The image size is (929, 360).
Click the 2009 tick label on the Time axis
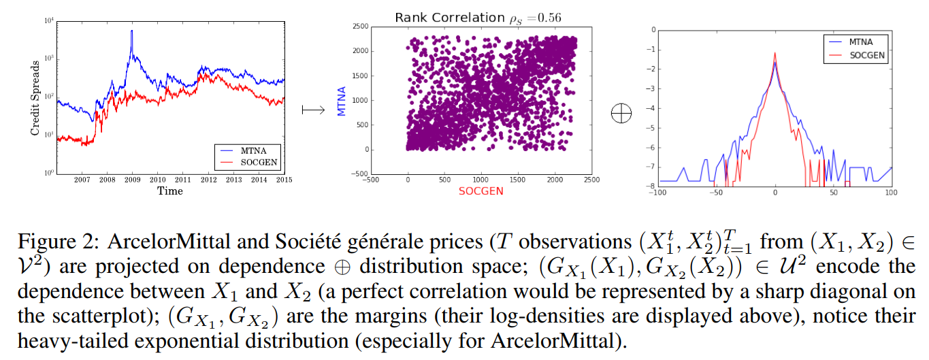pos(132,180)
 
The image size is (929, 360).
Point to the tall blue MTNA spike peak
pos(131,31)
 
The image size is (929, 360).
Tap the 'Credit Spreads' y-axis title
pos(35,95)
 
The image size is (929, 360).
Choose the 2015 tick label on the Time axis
pos(283,180)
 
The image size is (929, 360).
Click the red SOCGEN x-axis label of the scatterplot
pos(481,191)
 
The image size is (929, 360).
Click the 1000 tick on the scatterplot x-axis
pos(481,179)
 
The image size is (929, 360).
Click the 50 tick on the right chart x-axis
pos(833,193)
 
